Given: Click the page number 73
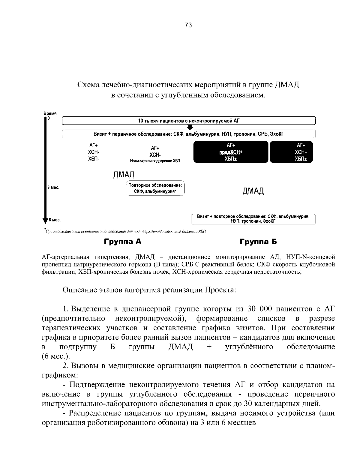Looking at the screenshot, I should coord(188,25).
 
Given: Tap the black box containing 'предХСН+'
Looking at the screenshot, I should coord(231,152).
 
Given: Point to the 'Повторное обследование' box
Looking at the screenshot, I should coord(155,188).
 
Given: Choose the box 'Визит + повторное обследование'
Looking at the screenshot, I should coord(253,219).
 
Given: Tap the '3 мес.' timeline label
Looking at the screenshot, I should coord(53,188).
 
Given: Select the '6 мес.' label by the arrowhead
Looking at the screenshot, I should coord(55,220).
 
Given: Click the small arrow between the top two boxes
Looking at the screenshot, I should coord(190,127).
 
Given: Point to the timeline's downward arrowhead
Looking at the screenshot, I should coord(45,221).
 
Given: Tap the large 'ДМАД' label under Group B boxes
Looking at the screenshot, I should coord(253,191).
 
